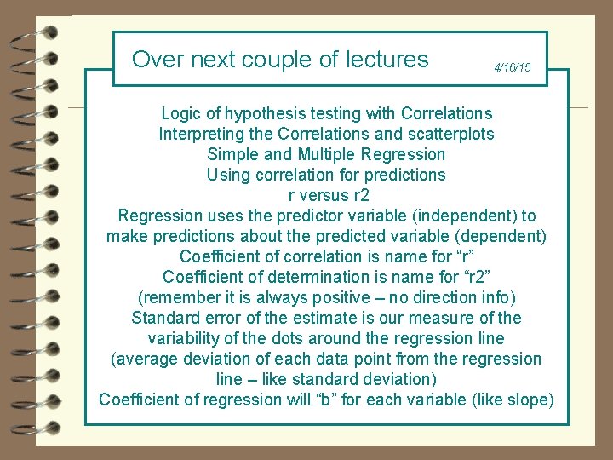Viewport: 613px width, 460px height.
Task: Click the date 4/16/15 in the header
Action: (513, 67)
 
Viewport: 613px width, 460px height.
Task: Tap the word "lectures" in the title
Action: (387, 60)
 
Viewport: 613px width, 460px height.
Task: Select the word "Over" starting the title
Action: (153, 60)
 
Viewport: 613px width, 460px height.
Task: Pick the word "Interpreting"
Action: (201, 134)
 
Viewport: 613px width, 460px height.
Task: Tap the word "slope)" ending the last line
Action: (530, 400)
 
